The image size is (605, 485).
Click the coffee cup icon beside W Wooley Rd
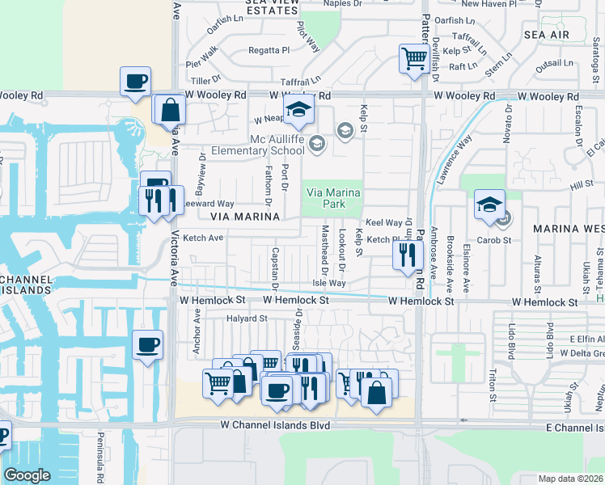click(x=135, y=82)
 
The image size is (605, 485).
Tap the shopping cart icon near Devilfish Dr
click(x=414, y=59)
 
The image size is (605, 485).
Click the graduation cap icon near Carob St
click(x=489, y=205)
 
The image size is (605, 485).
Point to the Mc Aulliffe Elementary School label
click(x=257, y=145)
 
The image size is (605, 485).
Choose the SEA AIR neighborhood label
click(x=547, y=36)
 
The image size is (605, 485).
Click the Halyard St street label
click(x=247, y=318)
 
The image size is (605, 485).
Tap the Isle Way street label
click(x=329, y=283)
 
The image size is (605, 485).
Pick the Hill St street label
click(x=581, y=186)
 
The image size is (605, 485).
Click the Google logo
click(x=27, y=475)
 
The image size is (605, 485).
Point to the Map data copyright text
click(x=569, y=479)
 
